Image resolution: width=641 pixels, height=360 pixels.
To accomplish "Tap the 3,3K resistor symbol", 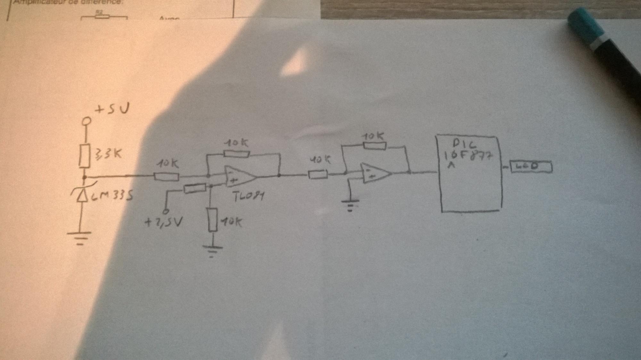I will click(x=85, y=155).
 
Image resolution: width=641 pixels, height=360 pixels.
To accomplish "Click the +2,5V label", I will click(x=163, y=222).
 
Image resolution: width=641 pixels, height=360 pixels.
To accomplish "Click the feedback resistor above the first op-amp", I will click(x=237, y=154).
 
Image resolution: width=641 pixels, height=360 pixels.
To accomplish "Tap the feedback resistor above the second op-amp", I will click(x=374, y=146).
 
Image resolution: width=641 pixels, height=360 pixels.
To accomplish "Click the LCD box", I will click(x=531, y=167).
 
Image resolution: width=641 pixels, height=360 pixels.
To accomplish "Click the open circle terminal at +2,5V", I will click(x=166, y=211).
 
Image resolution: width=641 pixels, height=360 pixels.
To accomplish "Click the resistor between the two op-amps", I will click(x=318, y=174).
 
